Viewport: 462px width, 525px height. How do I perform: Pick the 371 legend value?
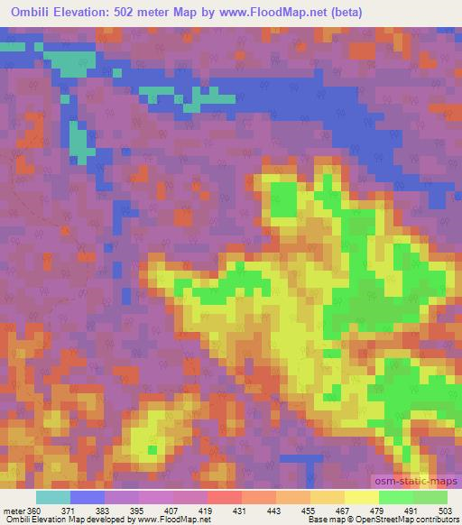coord(71,510)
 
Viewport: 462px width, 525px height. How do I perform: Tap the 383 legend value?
coord(106,510)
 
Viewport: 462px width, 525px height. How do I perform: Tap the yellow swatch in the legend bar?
coord(361,497)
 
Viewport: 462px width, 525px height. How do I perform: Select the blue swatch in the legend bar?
coord(87,497)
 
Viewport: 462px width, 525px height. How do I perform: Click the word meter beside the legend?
coord(14,510)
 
